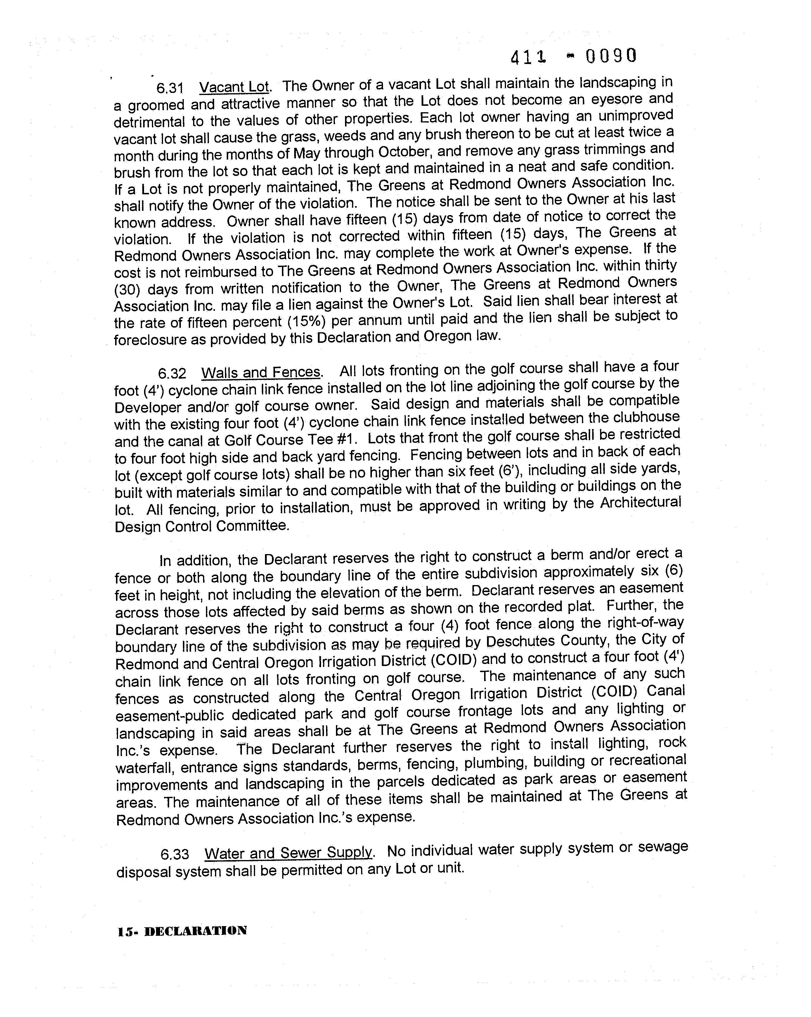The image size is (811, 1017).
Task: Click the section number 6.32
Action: point(172,373)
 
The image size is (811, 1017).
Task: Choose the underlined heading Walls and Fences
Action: point(261,372)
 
